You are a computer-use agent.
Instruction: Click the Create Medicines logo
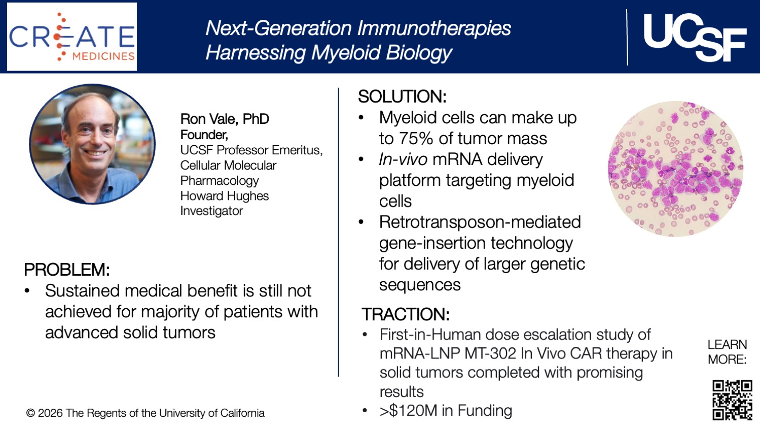click(x=71, y=37)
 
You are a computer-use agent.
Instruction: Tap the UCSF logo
click(x=694, y=37)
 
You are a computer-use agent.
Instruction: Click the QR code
click(x=732, y=400)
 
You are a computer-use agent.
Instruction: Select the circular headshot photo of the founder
click(x=92, y=144)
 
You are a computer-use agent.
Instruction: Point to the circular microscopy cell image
click(x=675, y=169)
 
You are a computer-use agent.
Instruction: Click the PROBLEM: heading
click(x=66, y=270)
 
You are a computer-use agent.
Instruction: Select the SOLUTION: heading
click(x=402, y=96)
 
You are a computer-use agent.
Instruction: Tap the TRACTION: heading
click(x=405, y=314)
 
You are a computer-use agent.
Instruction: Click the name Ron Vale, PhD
click(x=225, y=119)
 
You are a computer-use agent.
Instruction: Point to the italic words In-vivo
click(x=403, y=159)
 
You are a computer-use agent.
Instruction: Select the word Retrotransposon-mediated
click(x=480, y=222)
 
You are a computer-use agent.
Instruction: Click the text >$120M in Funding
click(x=446, y=410)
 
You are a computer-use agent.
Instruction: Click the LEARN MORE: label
click(x=727, y=352)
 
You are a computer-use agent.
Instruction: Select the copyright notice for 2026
click(x=145, y=413)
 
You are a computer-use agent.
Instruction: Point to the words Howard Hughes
click(x=224, y=196)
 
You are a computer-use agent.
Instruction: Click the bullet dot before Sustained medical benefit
click(x=28, y=291)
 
